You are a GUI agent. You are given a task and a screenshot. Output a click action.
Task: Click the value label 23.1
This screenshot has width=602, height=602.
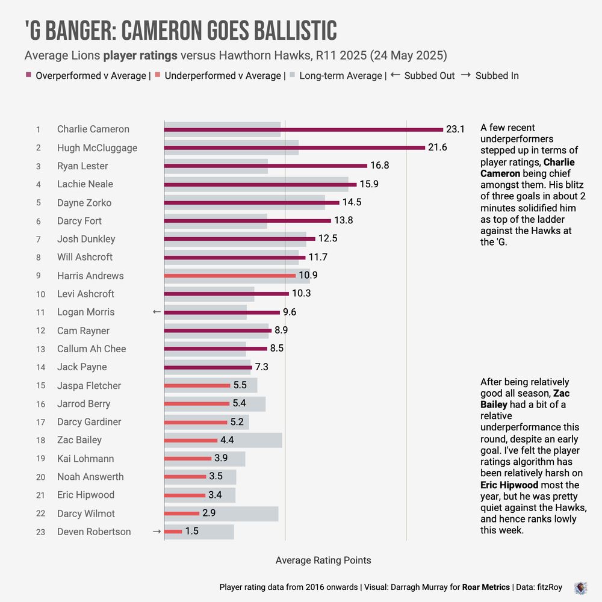pos(455,129)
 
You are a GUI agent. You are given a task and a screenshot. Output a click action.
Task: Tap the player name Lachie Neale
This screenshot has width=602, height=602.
pos(85,184)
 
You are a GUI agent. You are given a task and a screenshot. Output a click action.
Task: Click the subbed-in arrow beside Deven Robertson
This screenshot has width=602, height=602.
pos(157,532)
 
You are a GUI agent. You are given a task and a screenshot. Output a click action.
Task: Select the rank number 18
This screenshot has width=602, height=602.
pos(40,441)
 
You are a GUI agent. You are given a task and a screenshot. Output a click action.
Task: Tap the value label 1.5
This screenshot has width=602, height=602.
pos(191,532)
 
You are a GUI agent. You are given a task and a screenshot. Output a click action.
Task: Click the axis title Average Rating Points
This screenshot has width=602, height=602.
pos(323,560)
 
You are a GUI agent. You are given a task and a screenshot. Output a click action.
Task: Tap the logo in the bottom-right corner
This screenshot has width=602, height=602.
pos(581,587)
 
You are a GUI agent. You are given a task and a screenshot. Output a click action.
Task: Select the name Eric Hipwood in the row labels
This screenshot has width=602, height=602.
pos(85,495)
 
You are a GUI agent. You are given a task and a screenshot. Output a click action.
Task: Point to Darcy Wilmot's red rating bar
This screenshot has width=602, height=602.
pos(181,514)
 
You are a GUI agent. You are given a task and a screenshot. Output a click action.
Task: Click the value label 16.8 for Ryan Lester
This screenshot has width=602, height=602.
pos(379,166)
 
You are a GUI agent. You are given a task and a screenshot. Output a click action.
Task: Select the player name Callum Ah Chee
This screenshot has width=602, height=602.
pos(92,349)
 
